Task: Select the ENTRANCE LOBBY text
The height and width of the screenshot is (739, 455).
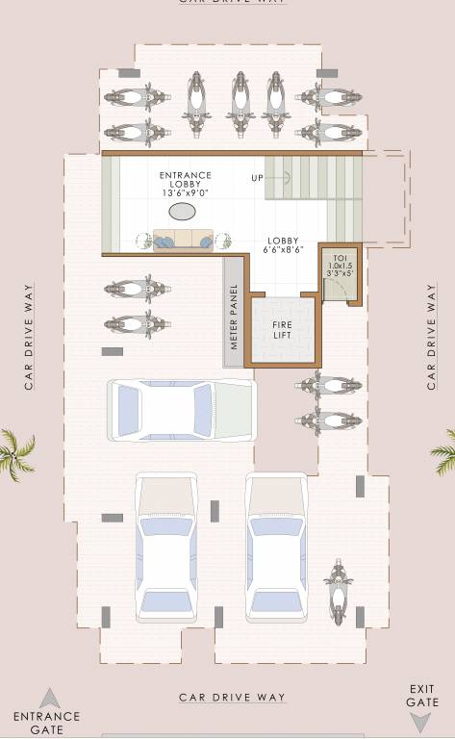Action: (x=185, y=180)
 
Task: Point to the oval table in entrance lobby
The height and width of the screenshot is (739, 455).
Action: (x=181, y=212)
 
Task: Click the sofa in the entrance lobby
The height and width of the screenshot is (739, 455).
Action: (x=183, y=241)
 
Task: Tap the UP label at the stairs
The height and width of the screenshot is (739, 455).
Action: (x=258, y=178)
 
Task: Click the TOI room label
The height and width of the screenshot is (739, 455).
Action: (x=339, y=266)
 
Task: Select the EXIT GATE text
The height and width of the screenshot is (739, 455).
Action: (x=422, y=696)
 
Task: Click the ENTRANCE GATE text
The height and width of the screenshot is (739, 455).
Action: (x=46, y=723)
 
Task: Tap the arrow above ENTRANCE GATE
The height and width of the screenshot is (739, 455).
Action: (x=49, y=698)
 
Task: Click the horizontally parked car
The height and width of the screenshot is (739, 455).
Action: (x=182, y=410)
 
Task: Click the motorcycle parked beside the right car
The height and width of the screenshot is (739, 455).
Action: (x=337, y=591)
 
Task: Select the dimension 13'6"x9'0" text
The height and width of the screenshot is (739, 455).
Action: (x=185, y=193)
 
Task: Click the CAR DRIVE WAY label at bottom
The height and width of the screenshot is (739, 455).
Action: (x=233, y=697)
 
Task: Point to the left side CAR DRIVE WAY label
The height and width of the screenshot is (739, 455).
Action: (x=30, y=336)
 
